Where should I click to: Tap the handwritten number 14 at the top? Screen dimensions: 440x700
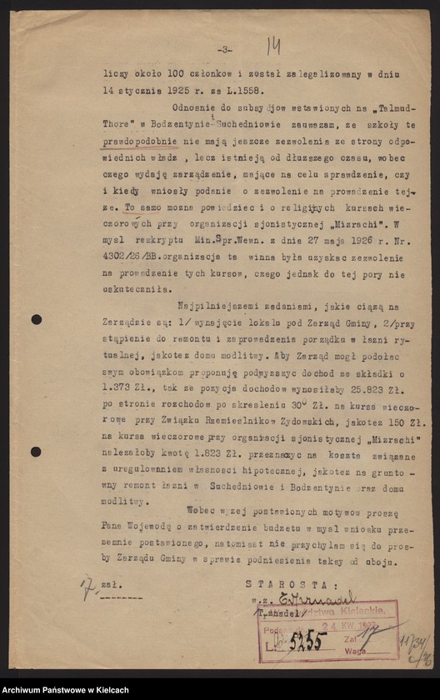click(x=272, y=47)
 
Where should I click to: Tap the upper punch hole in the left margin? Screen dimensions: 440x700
click(x=37, y=320)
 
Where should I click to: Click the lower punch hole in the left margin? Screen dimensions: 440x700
click(x=37, y=452)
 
